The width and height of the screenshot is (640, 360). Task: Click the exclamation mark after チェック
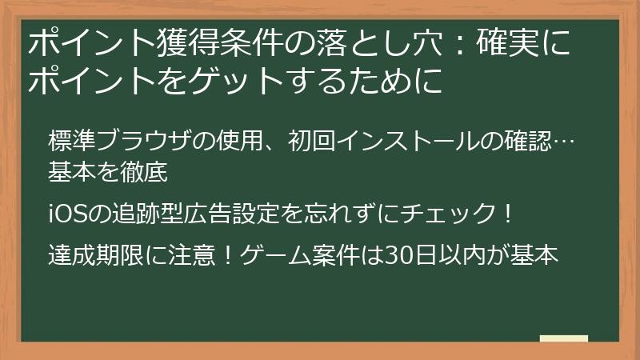(x=500, y=214)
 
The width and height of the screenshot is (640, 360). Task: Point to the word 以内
(x=454, y=256)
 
